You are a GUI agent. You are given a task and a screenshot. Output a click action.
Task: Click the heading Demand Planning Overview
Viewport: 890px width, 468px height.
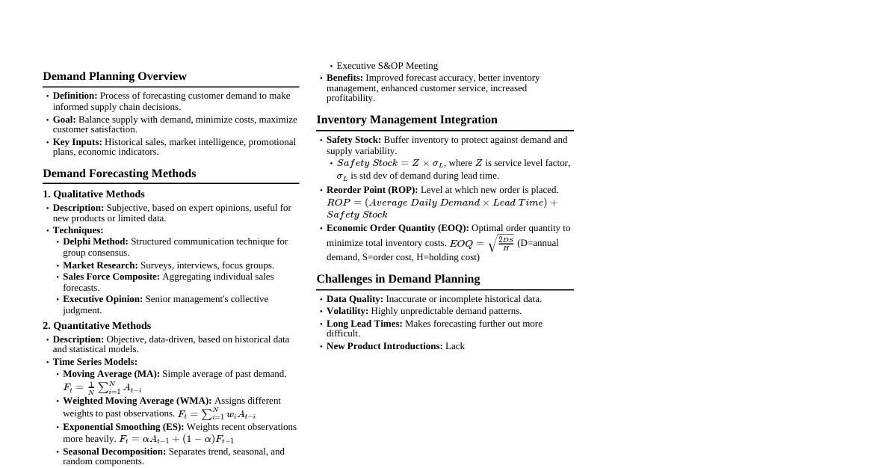114,76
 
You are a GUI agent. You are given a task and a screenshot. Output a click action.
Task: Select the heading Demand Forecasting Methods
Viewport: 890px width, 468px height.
119,173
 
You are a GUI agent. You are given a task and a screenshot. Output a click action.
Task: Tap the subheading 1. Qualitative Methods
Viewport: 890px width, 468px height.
93,194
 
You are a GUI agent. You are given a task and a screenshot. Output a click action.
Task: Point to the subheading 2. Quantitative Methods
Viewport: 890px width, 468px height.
96,326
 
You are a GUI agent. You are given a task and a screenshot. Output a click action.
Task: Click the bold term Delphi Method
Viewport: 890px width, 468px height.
95,241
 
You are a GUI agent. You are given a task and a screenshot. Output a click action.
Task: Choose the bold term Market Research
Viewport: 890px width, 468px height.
100,265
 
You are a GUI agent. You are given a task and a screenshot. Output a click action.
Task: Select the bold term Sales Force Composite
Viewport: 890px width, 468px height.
111,277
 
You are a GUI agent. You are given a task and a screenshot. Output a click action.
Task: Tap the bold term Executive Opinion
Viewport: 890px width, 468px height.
102,299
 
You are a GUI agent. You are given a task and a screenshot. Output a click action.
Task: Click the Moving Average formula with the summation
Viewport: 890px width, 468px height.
102,388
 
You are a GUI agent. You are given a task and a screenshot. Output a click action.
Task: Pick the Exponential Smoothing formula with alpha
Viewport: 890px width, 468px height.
176,440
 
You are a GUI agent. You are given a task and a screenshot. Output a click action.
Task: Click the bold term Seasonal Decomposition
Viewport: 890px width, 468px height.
114,452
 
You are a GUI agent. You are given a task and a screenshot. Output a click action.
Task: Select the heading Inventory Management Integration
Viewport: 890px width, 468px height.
407,120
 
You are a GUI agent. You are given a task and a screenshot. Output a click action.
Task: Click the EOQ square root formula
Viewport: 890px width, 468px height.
481,244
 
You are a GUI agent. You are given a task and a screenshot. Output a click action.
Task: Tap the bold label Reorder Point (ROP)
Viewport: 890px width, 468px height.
372,190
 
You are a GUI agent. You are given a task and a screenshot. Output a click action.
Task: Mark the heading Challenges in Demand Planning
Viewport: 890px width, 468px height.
398,279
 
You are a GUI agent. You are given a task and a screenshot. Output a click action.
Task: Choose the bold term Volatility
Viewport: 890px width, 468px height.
347,311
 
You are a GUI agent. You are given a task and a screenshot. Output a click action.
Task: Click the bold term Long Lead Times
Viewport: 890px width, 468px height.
364,324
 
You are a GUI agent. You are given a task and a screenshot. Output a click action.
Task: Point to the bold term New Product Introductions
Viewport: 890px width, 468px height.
384,346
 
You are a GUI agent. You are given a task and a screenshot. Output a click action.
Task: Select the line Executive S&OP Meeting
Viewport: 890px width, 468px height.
387,66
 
